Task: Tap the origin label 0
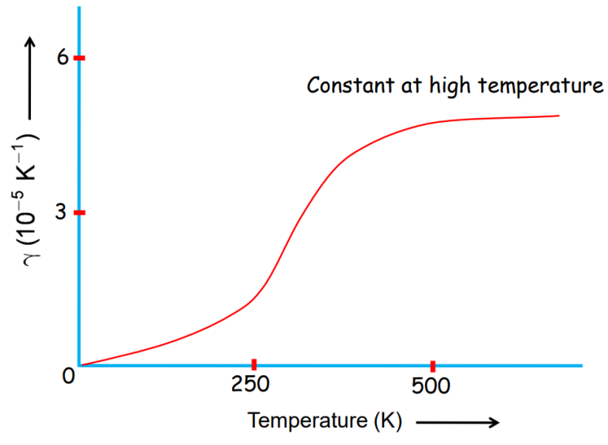pyautogui.click(x=69, y=376)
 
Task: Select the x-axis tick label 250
pyautogui.click(x=253, y=386)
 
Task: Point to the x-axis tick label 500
pyautogui.click(x=431, y=386)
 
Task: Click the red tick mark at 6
pyautogui.click(x=79, y=59)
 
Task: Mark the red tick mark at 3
pyautogui.click(x=79, y=213)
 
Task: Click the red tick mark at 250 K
pyautogui.click(x=254, y=365)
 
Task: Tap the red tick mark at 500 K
pyautogui.click(x=432, y=365)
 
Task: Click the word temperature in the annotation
pyautogui.click(x=538, y=86)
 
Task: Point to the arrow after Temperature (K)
pyautogui.click(x=458, y=423)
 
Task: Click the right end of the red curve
pyautogui.click(x=559, y=116)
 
